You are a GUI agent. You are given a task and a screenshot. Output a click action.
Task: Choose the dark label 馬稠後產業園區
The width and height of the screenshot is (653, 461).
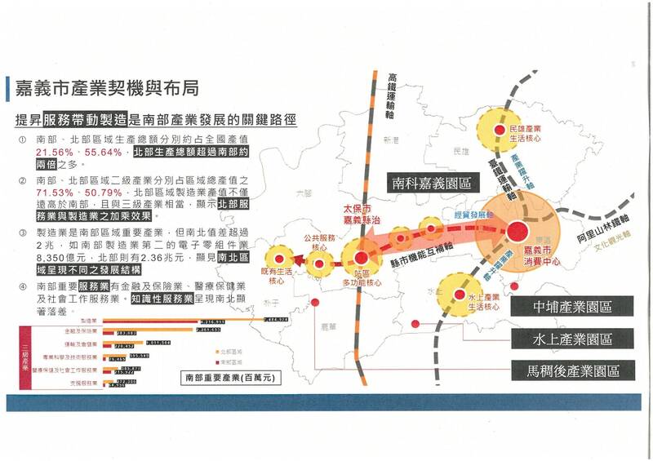(x=573, y=370)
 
